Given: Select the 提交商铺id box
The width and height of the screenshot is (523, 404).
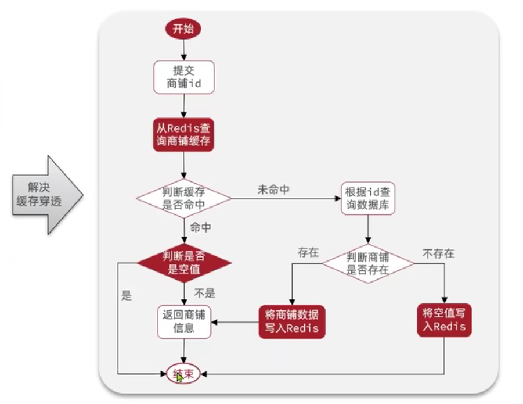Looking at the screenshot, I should click(x=183, y=77).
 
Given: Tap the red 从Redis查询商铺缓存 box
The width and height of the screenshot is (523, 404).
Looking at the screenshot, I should click(x=183, y=134).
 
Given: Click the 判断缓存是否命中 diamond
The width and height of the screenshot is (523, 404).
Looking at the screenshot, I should click(x=183, y=199).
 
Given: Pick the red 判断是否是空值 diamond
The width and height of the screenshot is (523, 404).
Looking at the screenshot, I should click(x=183, y=262).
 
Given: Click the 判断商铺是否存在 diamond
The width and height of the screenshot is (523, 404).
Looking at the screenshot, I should click(x=368, y=263).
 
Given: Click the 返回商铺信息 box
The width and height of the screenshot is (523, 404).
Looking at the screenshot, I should click(x=183, y=321).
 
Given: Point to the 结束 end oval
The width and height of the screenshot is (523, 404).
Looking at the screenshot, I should click(x=183, y=374).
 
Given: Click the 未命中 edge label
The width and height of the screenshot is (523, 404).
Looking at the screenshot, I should click(x=273, y=190).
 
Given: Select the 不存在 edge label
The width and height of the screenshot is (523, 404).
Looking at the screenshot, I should click(x=438, y=254).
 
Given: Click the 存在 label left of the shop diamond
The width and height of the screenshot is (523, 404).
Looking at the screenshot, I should click(x=308, y=252).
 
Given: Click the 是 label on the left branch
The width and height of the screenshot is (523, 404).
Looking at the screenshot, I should click(x=127, y=296).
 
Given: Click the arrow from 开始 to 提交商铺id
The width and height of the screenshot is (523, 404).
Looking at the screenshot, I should click(x=183, y=50).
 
